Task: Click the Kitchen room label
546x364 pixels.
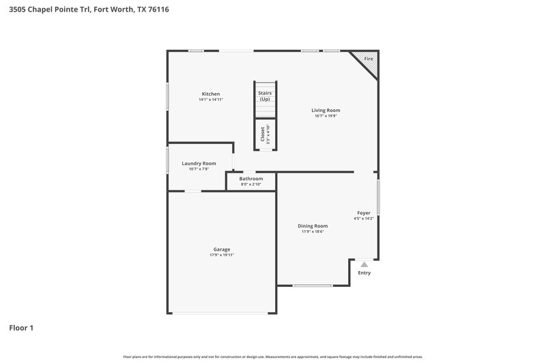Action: point(210,94)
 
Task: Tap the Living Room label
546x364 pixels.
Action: point(326,110)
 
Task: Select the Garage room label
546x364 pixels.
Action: point(221,249)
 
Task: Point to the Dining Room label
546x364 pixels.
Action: point(313,225)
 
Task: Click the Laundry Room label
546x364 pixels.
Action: point(199,163)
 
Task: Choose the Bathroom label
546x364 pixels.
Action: point(250,178)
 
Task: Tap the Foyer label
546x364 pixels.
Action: point(364,212)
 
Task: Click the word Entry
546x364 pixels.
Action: point(364,273)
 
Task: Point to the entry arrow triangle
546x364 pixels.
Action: point(364,264)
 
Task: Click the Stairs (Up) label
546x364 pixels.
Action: point(265,96)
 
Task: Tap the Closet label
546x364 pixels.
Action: point(262,134)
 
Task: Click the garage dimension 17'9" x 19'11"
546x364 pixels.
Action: point(221,255)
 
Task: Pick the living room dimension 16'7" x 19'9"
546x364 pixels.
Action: point(326,116)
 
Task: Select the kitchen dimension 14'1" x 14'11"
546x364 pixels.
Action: point(210,100)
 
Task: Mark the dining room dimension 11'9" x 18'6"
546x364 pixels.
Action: point(313,232)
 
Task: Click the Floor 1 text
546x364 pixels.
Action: point(21,328)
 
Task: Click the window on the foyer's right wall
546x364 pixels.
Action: point(378,197)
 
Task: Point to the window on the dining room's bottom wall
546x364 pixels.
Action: point(313,285)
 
